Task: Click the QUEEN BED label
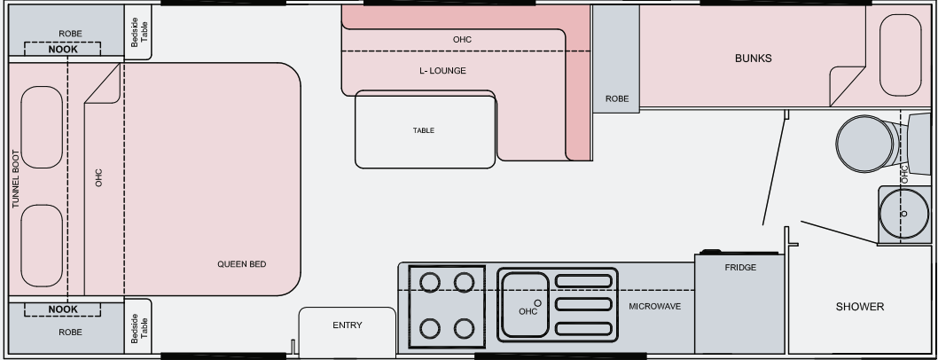click(242, 264)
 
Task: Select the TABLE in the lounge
click(425, 130)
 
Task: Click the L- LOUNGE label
click(442, 71)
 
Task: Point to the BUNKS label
click(753, 59)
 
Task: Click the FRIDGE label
click(739, 267)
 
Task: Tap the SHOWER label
click(860, 307)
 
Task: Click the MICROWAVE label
click(654, 306)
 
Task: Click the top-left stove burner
click(430, 282)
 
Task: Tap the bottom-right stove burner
click(464, 328)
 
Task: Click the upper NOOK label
click(63, 50)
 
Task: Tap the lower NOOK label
click(63, 309)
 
